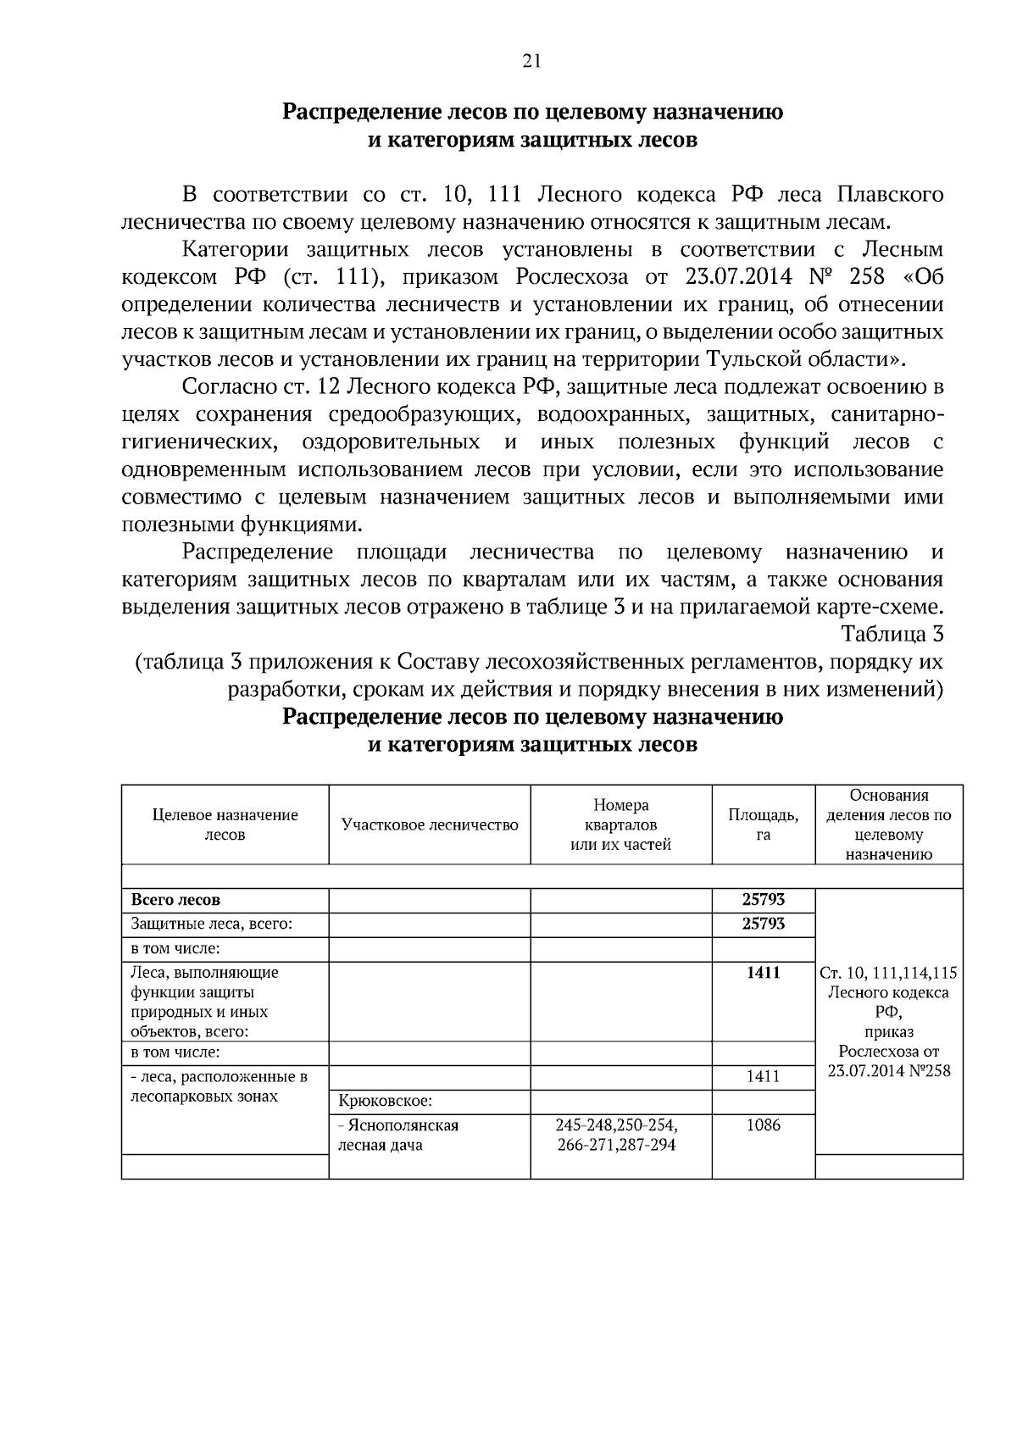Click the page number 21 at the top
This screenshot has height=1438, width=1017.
pos(532,60)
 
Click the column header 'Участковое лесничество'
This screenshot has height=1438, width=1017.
pos(430,824)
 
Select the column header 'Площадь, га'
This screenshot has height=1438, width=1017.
pos(763,824)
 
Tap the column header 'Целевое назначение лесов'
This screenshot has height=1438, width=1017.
pos(225,824)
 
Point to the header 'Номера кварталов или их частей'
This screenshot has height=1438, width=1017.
pos(620,824)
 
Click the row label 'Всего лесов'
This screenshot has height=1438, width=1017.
pos(175,900)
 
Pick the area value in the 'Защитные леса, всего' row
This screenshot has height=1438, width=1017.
pos(763,924)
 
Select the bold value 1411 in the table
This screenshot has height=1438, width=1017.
pos(763,973)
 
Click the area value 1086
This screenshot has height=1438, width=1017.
pos(763,1125)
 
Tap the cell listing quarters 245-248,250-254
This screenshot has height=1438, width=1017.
pos(617,1125)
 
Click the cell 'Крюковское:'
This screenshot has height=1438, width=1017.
pos(386,1102)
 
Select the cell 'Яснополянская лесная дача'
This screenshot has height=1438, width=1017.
pos(398,1135)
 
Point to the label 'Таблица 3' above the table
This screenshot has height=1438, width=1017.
pos(892,634)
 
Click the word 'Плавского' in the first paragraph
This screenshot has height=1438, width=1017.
pos(890,195)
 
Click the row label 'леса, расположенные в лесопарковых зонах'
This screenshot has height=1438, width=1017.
pos(219,1086)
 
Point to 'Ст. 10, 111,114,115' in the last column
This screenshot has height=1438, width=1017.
pos(888,974)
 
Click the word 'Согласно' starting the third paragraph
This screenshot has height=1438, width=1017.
pos(226,387)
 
